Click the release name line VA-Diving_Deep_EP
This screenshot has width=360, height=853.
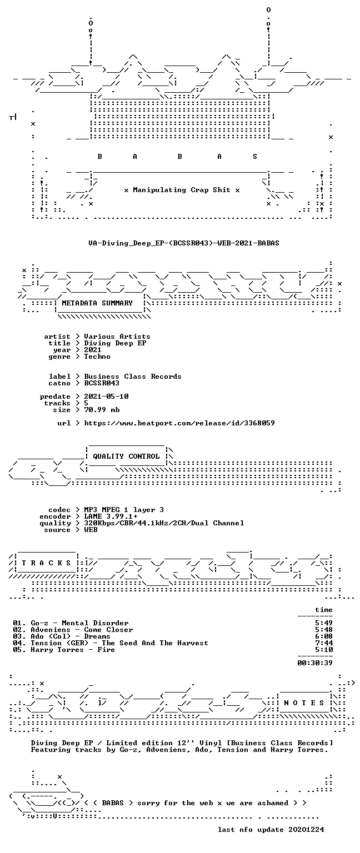coord(184,243)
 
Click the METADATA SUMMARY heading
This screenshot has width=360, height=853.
coord(97,303)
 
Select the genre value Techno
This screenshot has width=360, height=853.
coord(97,357)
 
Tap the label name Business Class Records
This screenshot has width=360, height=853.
coord(133,377)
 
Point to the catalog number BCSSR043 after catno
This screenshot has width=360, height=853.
coord(102,383)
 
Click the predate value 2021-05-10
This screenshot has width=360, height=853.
coord(106,397)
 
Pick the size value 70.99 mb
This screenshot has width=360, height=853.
coord(102,410)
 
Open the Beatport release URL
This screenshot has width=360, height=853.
coord(179,423)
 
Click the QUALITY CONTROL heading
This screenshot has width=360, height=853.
coord(126,456)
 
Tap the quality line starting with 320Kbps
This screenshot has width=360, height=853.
coord(164,523)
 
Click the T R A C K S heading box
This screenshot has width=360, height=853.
coord(47,563)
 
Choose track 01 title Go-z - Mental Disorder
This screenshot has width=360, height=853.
coord(79,624)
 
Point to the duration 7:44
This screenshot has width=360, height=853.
coord(324,643)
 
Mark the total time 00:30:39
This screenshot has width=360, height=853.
coord(315,663)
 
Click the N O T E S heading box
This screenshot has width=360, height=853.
coord(304,703)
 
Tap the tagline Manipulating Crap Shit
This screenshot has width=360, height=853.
coord(182,190)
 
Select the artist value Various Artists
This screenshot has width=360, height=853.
coord(117,337)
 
